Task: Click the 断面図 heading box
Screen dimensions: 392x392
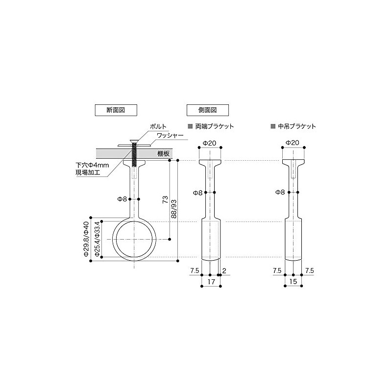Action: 116,110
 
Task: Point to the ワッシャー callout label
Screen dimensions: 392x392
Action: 170,135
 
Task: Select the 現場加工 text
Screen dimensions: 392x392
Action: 86,173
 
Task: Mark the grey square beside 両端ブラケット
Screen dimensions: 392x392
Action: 191,126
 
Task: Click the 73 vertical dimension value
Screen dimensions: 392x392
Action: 166,199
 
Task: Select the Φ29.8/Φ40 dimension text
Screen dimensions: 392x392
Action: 86,240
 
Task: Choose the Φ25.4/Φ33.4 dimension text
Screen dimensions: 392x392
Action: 98,240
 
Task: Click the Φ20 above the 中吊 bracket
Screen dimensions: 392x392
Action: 293,143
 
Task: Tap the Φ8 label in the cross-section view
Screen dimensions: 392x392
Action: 122,199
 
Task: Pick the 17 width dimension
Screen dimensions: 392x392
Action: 210,283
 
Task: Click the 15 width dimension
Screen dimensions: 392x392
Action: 293,283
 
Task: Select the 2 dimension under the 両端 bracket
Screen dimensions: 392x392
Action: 223,270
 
